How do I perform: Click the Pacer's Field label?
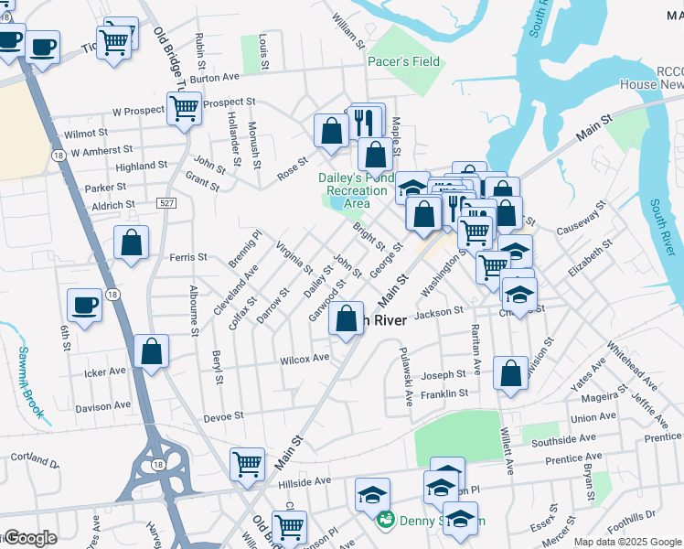click(x=403, y=62)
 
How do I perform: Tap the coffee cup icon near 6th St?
click(x=85, y=305)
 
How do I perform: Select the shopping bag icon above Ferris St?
click(x=132, y=243)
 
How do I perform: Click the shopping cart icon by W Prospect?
click(x=184, y=108)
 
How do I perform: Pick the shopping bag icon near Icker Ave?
click(x=151, y=352)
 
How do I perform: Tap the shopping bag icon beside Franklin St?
click(x=511, y=373)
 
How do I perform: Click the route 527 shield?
click(x=166, y=202)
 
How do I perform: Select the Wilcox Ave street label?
click(x=305, y=358)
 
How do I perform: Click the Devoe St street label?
click(x=223, y=415)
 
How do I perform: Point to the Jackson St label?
click(x=434, y=314)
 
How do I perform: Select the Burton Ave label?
click(x=215, y=78)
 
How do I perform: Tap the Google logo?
click(x=30, y=538)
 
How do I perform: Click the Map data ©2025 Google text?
click(x=626, y=542)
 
